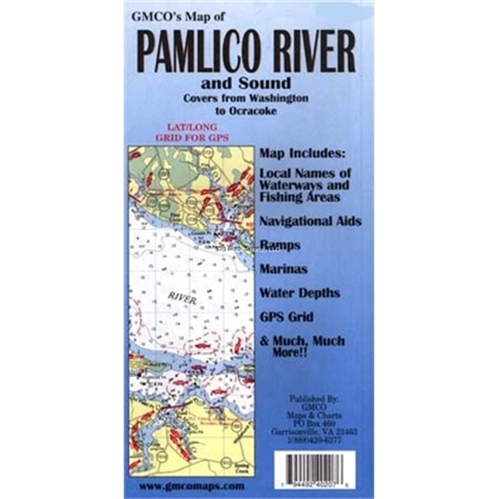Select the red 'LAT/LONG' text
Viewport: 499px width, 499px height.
pyautogui.click(x=185, y=127)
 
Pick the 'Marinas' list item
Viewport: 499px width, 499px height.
pyautogui.click(x=284, y=269)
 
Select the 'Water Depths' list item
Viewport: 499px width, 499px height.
pyautogui.click(x=299, y=294)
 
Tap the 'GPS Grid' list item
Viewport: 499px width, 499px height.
pyautogui.click(x=287, y=316)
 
